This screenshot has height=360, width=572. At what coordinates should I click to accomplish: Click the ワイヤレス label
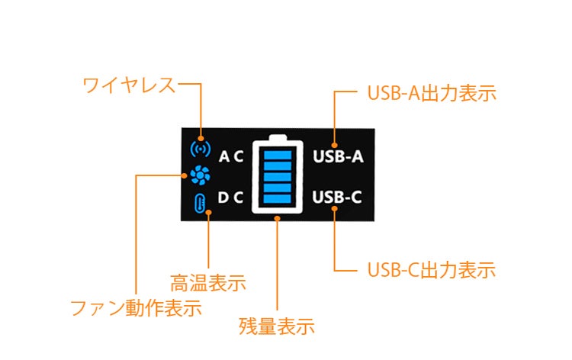coord(129,85)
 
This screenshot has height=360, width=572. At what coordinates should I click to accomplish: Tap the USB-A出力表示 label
coord(432,95)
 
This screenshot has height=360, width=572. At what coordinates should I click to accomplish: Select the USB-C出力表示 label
coord(432,269)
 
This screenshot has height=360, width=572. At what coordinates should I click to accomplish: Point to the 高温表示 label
coord(207,283)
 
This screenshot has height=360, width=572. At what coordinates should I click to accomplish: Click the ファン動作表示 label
coord(136,309)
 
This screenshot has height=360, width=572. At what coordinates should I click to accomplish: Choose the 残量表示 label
coord(277,326)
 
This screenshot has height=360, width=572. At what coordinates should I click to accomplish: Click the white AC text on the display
coord(230,157)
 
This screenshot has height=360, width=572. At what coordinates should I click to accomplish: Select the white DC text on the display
coord(230,198)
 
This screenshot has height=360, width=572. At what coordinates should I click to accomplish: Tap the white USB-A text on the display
coord(338,157)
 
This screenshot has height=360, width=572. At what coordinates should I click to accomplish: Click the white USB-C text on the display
coord(338,198)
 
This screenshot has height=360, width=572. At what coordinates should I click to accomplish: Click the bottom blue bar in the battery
coord(278,201)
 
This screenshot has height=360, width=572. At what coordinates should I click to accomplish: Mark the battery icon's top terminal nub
coord(278,137)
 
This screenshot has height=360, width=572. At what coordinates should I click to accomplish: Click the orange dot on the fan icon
coord(188,175)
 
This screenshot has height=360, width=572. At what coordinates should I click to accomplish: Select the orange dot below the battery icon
coord(278,219)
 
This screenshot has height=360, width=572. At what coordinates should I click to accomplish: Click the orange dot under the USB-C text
coord(336,211)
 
